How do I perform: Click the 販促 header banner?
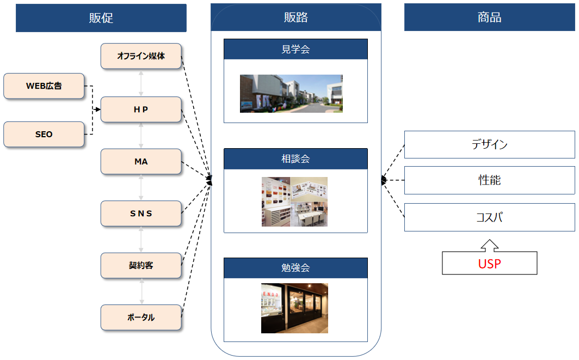coord(101,18)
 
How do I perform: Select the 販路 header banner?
coord(295,17)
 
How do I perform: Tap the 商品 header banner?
coord(489,17)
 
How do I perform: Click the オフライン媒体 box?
coord(141,56)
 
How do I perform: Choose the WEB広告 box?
coord(44,86)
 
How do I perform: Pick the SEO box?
coord(44,134)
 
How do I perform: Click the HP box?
coord(141,109)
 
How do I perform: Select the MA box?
coord(141,162)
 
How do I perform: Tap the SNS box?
coord(141,213)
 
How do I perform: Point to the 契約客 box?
coord(141,266)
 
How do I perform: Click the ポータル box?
coord(141,318)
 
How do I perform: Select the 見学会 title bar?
coord(295,49)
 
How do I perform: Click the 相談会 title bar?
coord(295,158)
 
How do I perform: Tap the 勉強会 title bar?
coord(295,268)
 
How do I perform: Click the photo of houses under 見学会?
coord(291,94)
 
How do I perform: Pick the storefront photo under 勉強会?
coord(294,308)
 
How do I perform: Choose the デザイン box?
coord(489,144)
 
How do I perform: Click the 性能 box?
coord(489,180)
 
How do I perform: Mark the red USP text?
coord(489,264)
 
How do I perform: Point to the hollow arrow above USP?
coord(489,245)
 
